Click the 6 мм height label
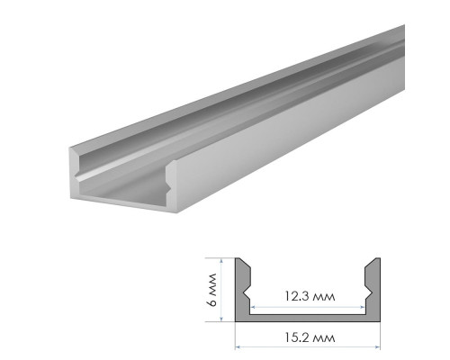[211, 290]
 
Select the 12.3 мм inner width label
[310, 296]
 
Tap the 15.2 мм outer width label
[310, 337]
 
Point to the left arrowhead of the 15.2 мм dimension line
[238, 347]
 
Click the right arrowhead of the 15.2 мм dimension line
[378, 347]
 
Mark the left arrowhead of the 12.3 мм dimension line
[253, 307]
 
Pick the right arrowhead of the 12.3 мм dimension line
[363, 307]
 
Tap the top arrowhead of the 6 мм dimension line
[221, 261]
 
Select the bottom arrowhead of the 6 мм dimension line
[221, 319]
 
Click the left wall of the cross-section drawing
[242, 285]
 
